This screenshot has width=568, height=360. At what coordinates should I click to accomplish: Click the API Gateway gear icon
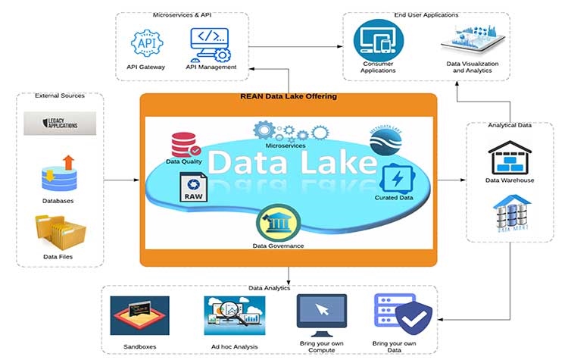[x=145, y=43]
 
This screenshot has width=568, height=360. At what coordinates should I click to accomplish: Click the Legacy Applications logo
[x=60, y=122]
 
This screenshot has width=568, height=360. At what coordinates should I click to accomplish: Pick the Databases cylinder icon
[x=58, y=175]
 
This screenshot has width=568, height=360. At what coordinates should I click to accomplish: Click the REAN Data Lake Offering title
[x=288, y=96]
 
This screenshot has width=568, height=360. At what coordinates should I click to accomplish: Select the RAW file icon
[x=192, y=186]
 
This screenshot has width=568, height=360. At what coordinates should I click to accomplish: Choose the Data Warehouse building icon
[x=509, y=157]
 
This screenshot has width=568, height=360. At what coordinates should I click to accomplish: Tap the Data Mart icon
[x=509, y=211]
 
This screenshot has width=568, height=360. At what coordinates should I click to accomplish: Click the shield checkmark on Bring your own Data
[x=414, y=319]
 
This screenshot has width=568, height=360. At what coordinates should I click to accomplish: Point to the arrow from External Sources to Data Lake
[x=122, y=180]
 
